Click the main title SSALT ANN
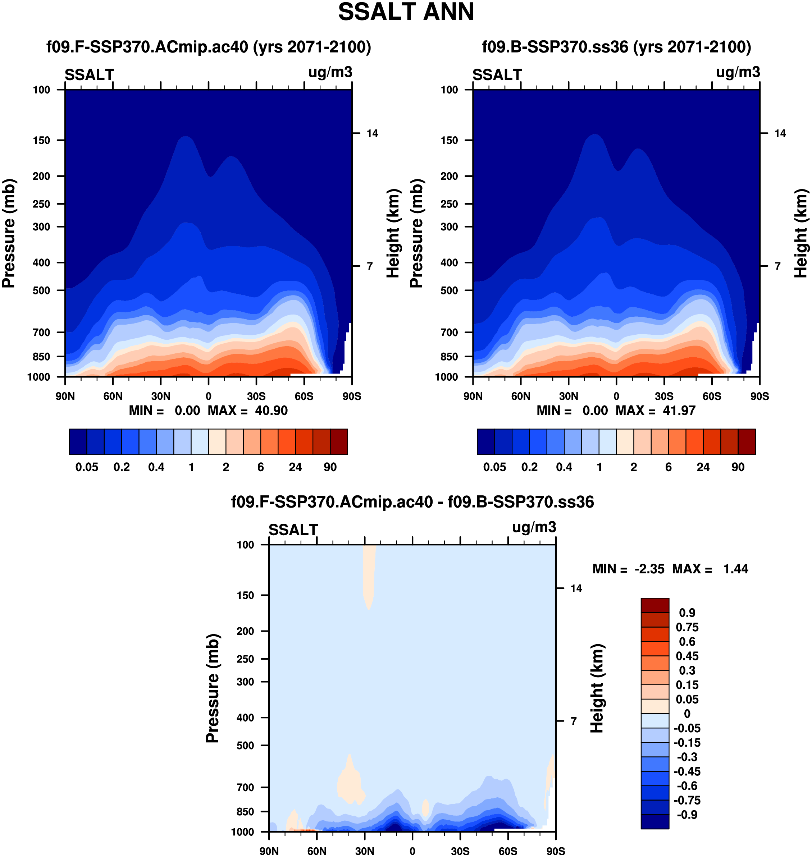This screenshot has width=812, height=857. tap(406, 12)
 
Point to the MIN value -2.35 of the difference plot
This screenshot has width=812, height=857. tap(649, 569)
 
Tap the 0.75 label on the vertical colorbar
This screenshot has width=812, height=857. tap(687, 627)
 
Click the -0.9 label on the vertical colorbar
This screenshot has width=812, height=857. tap(687, 815)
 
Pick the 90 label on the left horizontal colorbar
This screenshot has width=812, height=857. tap(330, 467)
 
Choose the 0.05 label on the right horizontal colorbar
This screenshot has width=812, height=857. tap(494, 467)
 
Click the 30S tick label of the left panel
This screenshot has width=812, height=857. tap(256, 396)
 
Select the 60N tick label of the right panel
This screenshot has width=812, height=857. tap(521, 396)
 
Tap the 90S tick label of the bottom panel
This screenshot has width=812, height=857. tap(555, 851)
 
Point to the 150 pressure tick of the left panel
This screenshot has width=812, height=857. tap(42, 140)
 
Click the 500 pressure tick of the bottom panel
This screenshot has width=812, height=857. tap(245, 746)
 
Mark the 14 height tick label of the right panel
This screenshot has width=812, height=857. tap(780, 133)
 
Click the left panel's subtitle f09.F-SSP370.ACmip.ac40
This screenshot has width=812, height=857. tap(209, 47)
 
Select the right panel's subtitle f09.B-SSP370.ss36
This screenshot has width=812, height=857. tap(616, 47)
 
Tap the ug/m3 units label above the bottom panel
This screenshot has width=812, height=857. tap(534, 527)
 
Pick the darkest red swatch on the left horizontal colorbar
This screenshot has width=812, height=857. tap(338, 442)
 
